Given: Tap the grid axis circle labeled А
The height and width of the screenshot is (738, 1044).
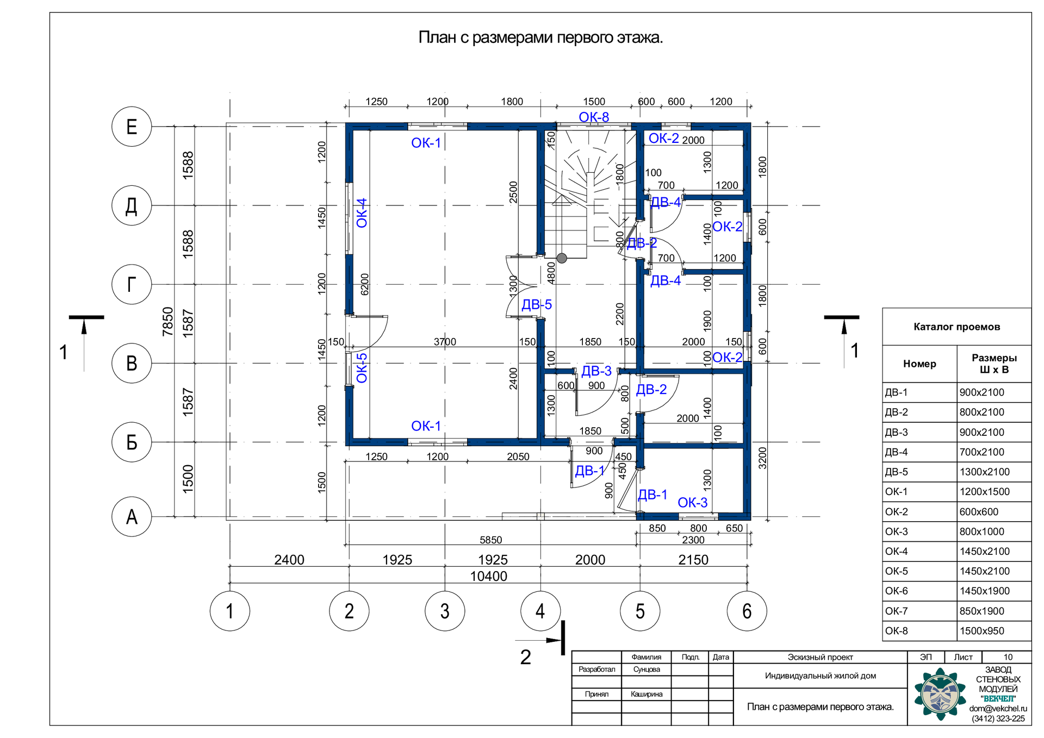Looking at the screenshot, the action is pyautogui.click(x=132, y=517).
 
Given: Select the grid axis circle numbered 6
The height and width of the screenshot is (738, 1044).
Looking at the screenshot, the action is pyautogui.click(x=747, y=611).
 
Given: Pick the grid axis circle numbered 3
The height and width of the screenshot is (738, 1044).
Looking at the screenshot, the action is pyautogui.click(x=445, y=611).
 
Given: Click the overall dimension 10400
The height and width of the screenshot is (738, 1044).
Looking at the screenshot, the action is pyautogui.click(x=488, y=576).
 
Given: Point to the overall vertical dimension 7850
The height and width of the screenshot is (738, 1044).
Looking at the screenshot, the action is pyautogui.click(x=167, y=321).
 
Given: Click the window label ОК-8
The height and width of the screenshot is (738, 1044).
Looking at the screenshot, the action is pyautogui.click(x=594, y=117).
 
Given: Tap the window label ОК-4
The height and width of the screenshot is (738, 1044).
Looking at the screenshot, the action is pyautogui.click(x=362, y=213).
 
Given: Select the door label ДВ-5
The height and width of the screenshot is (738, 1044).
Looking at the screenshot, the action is pyautogui.click(x=537, y=305).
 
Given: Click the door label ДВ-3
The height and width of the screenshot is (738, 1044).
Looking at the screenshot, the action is pyautogui.click(x=596, y=371).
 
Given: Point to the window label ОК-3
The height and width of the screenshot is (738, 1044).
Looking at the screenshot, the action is pyautogui.click(x=693, y=503).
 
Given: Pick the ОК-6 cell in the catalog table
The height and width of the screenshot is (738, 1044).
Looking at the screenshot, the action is pyautogui.click(x=919, y=591).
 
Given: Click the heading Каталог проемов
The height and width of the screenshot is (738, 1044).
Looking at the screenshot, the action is pyautogui.click(x=956, y=327).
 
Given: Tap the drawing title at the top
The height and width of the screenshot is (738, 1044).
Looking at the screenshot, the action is pyautogui.click(x=540, y=37).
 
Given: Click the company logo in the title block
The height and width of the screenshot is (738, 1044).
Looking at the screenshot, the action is pyautogui.click(x=940, y=694).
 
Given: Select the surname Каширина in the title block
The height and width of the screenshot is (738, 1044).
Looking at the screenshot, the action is pyautogui.click(x=647, y=694).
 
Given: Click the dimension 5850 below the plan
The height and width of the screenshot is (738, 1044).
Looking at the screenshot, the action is pyautogui.click(x=490, y=540).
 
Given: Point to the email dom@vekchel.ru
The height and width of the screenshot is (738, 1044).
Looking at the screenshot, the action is pyautogui.click(x=998, y=709).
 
